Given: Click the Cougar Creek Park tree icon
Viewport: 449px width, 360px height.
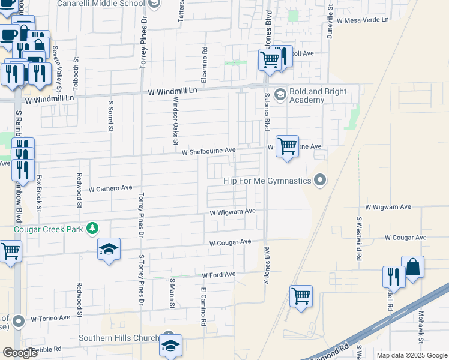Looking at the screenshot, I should [92, 228].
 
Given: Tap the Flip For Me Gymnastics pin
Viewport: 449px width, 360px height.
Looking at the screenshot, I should [321, 180].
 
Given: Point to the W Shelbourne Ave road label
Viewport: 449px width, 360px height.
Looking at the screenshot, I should [209, 151].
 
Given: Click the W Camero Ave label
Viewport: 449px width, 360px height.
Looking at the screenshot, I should [110, 188].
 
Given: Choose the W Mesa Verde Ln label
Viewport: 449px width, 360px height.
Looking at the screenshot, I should [363, 20].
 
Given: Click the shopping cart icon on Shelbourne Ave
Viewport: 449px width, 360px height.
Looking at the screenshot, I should [288, 146].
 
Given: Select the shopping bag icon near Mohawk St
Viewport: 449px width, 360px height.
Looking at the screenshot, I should [413, 268].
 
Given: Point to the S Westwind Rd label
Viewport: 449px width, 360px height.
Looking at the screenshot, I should [358, 238].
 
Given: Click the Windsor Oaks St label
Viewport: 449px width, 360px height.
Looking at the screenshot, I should [175, 121].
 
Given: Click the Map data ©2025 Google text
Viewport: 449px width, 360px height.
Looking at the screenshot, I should [411, 355].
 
